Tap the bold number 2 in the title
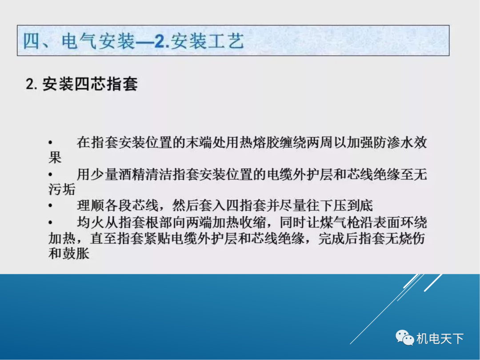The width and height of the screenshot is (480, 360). pos(160,42)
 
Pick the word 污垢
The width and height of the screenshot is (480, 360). pos(62,190)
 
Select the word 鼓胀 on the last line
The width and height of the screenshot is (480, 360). pos(76,254)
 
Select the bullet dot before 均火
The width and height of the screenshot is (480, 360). pos(51,222)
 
